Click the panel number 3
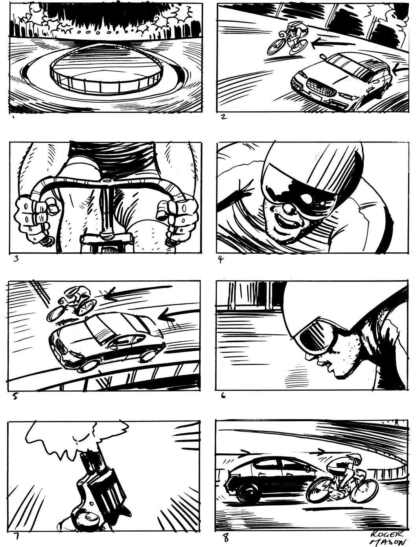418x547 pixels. (16, 259)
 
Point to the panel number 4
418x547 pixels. (221, 259)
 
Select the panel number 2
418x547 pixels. (224, 116)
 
